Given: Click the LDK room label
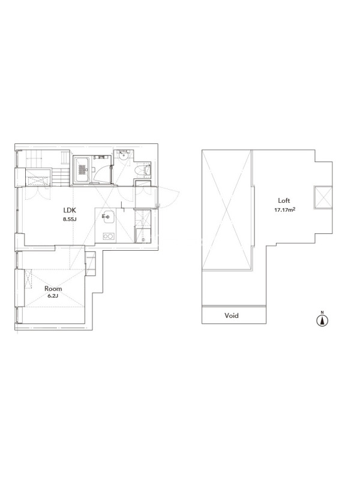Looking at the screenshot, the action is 70,211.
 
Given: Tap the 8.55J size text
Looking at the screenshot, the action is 70,219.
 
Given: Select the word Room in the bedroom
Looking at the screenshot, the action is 53,289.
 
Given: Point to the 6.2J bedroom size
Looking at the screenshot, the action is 53,296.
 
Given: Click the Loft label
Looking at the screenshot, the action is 284,200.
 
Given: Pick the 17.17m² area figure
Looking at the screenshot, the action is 284,211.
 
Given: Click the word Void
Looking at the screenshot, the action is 232,316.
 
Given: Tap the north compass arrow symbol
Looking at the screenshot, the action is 322,320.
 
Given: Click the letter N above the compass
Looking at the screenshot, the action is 322,312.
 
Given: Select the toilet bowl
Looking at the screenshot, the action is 140,170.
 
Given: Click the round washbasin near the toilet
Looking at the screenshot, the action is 124,156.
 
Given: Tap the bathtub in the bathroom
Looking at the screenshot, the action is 82,170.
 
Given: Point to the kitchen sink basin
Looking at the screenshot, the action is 107,217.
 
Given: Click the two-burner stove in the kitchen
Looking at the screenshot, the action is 109,236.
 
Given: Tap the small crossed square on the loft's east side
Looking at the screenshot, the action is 323,197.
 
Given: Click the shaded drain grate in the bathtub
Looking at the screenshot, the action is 82,170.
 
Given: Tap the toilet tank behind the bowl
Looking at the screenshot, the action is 148,170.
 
